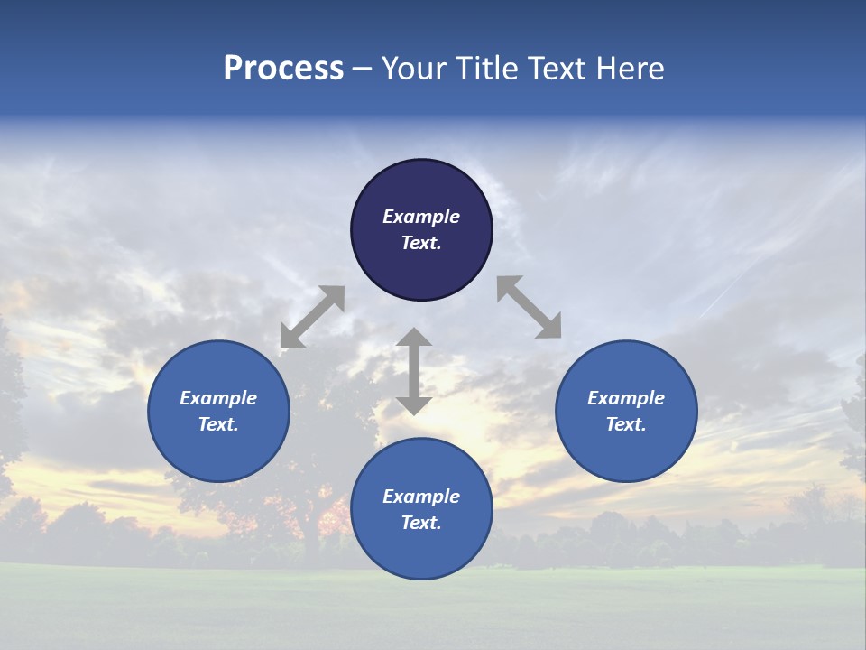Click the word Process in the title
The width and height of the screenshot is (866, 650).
point(283,69)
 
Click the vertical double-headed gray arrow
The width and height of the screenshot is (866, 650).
point(414,371)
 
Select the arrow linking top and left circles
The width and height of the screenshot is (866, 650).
point(312,317)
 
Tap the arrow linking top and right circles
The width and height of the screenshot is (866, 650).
point(529,307)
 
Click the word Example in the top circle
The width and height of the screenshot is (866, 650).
point(421,217)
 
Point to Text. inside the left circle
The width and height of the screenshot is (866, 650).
point(218,424)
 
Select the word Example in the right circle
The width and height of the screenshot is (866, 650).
point(626,398)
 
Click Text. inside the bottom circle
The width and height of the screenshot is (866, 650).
point(421,523)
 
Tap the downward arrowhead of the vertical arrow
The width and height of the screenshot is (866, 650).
point(414,404)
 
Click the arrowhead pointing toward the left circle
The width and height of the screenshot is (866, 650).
point(290,338)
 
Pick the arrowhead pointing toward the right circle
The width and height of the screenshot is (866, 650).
point(549,327)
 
